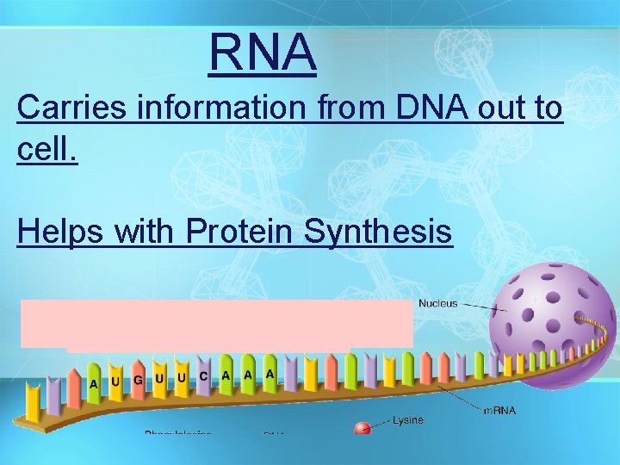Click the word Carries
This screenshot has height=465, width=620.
pos(67,109)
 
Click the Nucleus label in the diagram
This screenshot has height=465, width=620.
pos(438,304)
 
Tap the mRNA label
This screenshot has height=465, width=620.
pos(499,410)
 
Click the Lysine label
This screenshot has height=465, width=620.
pos(408,421)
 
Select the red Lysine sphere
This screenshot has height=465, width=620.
pos(363,427)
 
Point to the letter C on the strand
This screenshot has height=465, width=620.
pos(203,376)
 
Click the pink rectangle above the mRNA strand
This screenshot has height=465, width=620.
pos(215,324)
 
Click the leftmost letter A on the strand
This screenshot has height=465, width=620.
pos(93,382)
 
